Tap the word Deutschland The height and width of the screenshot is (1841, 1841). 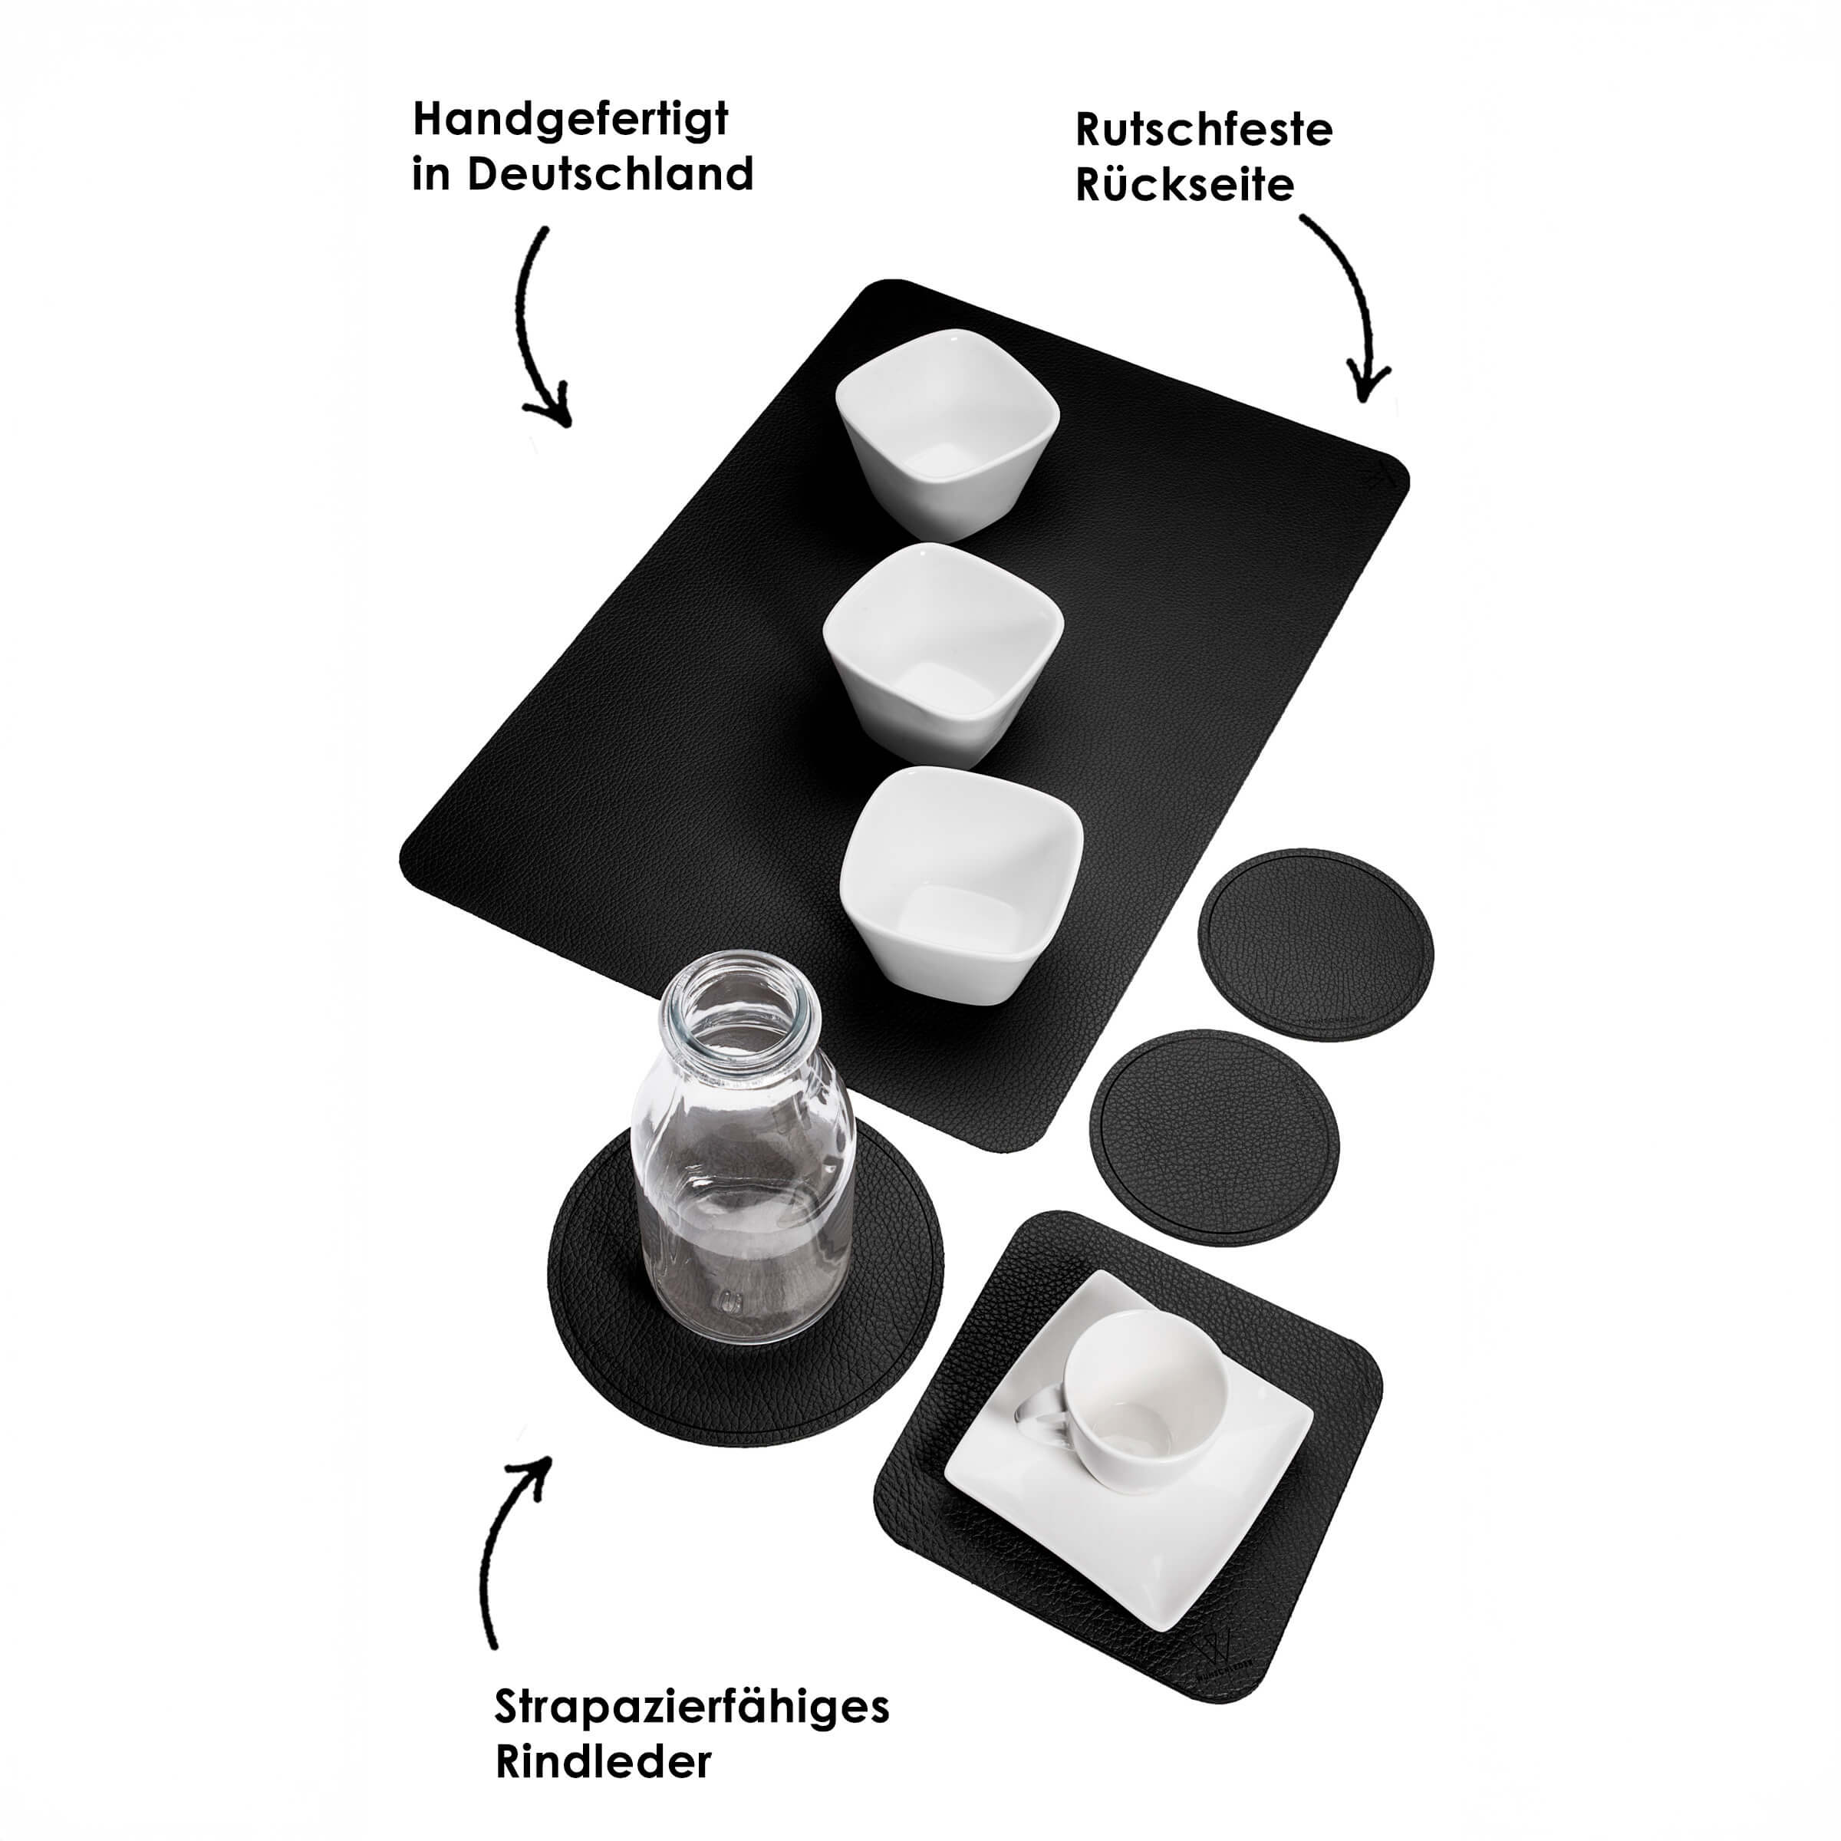click(610, 174)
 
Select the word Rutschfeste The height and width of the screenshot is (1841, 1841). click(1204, 130)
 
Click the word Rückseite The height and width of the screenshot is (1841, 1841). click(1185, 185)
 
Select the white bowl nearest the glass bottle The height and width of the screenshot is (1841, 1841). click(961, 881)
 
